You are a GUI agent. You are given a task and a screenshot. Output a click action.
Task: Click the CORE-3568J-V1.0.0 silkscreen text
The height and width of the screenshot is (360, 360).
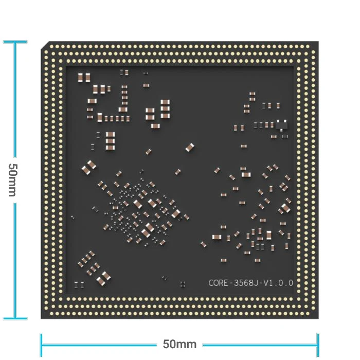pos(251,283)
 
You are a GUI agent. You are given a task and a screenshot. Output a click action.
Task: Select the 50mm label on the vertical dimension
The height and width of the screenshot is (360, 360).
pos(12,180)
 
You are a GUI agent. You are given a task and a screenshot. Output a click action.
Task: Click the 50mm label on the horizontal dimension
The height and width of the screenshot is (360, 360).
pos(180,344)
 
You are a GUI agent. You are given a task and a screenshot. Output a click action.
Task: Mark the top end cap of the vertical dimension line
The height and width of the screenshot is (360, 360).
pos(15,42)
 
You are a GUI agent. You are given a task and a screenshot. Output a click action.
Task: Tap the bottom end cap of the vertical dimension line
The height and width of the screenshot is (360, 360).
pos(15,318)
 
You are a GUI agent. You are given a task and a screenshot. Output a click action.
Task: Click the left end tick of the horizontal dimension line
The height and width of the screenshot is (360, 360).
pos(41,345)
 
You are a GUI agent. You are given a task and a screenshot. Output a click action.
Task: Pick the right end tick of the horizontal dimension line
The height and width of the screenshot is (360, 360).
pos(318,345)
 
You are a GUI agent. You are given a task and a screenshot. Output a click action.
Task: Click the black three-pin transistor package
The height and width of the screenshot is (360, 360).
pos(281,125)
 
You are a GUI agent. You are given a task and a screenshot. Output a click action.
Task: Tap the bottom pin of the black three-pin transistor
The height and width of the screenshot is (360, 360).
pos(281,130)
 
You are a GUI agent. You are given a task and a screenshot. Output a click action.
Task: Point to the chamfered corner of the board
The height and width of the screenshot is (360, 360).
pos(45,45)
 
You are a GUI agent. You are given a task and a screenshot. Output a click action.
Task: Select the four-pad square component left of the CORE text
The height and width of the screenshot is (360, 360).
pos(183,284)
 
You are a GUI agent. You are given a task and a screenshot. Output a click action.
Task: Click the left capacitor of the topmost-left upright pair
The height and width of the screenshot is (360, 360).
pos(80,78)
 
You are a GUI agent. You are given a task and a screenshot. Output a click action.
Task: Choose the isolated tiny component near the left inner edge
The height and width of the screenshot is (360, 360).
pos(73,217)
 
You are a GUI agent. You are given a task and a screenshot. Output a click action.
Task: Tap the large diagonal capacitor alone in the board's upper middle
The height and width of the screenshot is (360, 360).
pos(190,147)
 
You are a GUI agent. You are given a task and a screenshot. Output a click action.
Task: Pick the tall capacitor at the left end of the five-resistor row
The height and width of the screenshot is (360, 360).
pos(100,118)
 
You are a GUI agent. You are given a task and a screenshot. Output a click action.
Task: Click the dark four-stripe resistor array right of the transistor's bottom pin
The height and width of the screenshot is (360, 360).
pos(285,137)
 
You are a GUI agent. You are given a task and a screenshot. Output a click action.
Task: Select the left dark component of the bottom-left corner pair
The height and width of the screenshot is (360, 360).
pos(77,285)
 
